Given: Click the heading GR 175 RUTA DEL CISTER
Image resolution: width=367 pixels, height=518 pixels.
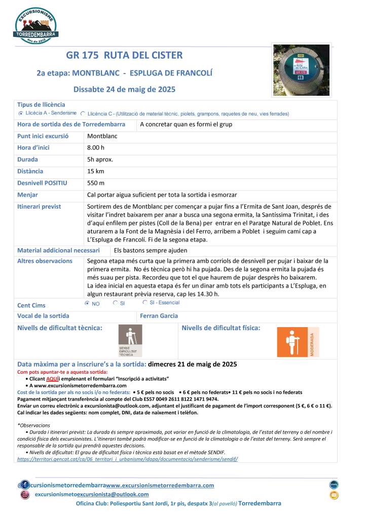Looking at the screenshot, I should [x=124, y=55].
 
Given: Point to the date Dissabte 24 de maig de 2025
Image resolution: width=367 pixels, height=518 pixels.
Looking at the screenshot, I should [x=124, y=90].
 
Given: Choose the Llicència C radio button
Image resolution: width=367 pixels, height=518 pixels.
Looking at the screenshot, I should [x=83, y=113].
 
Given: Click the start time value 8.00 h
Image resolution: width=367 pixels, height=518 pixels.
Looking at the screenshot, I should [x=96, y=147].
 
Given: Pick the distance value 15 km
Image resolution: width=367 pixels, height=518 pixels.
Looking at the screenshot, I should [x=95, y=171].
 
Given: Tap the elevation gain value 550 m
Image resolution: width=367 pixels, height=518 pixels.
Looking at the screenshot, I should [x=96, y=183].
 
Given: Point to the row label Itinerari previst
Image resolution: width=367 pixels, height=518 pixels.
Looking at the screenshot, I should [x=39, y=207].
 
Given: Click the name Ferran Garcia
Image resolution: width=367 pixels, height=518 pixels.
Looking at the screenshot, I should [x=159, y=316].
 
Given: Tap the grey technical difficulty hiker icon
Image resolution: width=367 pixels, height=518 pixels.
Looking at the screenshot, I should [x=130, y=341].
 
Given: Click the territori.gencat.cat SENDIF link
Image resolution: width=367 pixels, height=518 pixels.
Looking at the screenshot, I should [x=127, y=459].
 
